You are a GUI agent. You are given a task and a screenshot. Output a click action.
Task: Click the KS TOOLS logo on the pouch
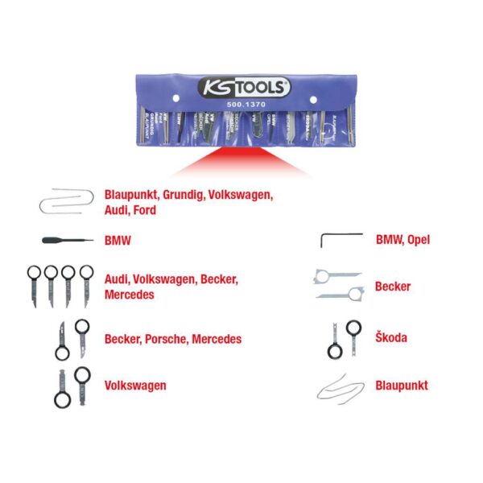[x=241, y=86]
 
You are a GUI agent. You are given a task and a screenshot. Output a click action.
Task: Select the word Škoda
[x=390, y=338]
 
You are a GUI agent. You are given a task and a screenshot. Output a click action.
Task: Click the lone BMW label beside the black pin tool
[x=118, y=240]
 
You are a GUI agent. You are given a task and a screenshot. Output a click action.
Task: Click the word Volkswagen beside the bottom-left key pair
[x=135, y=386]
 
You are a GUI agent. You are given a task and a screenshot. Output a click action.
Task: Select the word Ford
[x=145, y=209]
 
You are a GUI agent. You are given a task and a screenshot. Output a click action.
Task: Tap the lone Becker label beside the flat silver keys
[x=393, y=287]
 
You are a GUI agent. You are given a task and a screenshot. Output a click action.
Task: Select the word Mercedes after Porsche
[x=217, y=339]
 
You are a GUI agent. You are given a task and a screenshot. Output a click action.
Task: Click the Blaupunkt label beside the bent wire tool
[x=402, y=386]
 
